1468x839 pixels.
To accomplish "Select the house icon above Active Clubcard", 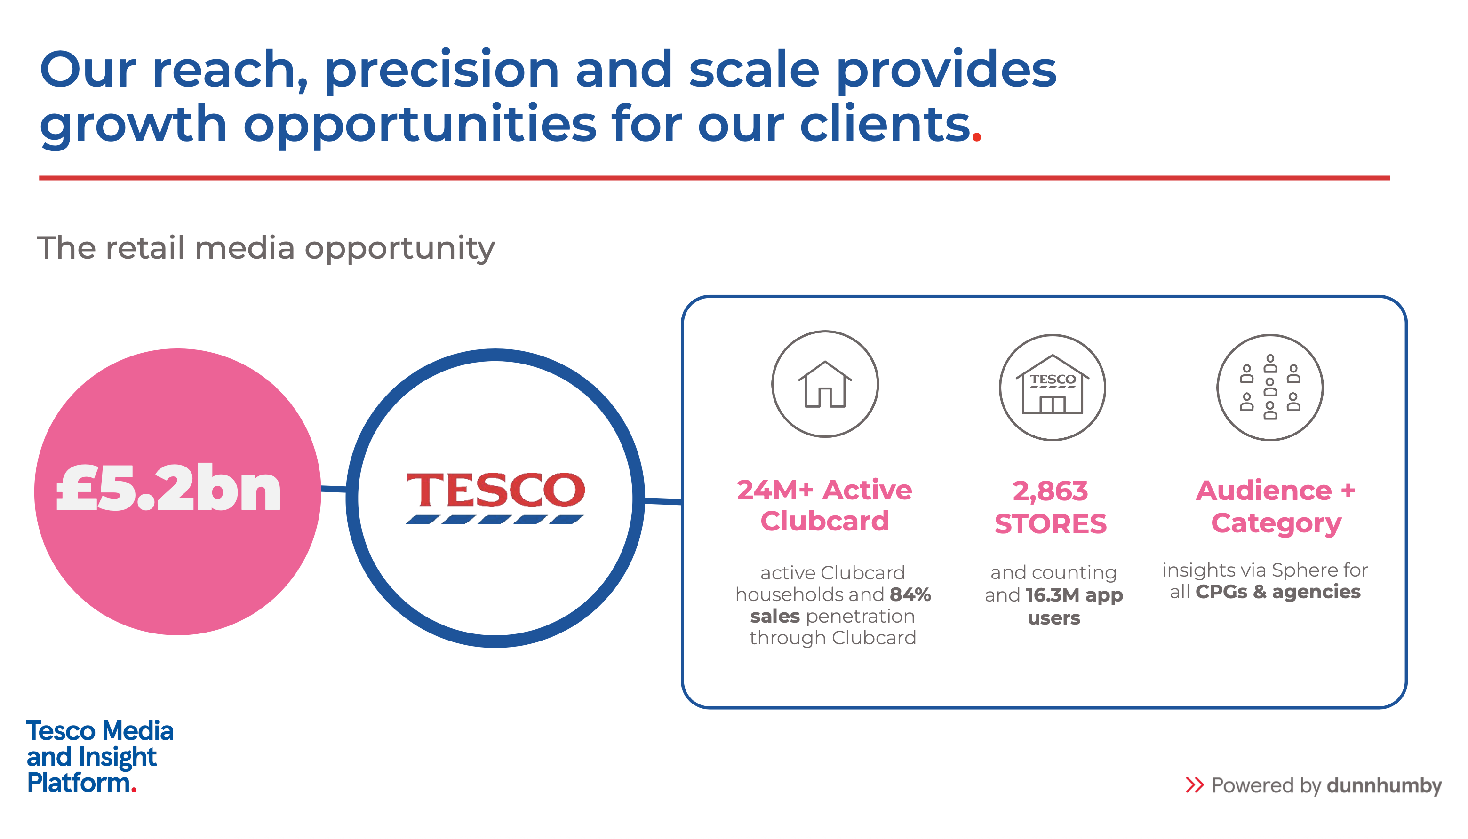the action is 825,384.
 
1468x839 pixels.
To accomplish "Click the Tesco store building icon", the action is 1053,384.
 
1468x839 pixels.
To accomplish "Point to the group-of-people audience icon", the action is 1270,387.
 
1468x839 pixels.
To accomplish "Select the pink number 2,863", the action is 1050,491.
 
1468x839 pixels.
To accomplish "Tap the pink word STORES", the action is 1051,524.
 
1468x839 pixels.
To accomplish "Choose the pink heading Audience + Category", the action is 1276,507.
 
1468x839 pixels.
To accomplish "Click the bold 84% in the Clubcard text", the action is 910,594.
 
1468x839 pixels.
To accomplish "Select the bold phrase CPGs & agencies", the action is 1278,592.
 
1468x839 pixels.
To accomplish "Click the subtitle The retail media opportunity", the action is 266,248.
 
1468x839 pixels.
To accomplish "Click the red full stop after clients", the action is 976,136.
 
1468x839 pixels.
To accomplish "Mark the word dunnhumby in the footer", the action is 1384,785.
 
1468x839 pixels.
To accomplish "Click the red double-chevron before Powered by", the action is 1195,785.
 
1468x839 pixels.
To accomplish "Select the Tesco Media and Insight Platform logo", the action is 100,757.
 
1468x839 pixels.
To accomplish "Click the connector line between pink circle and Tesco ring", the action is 334,489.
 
